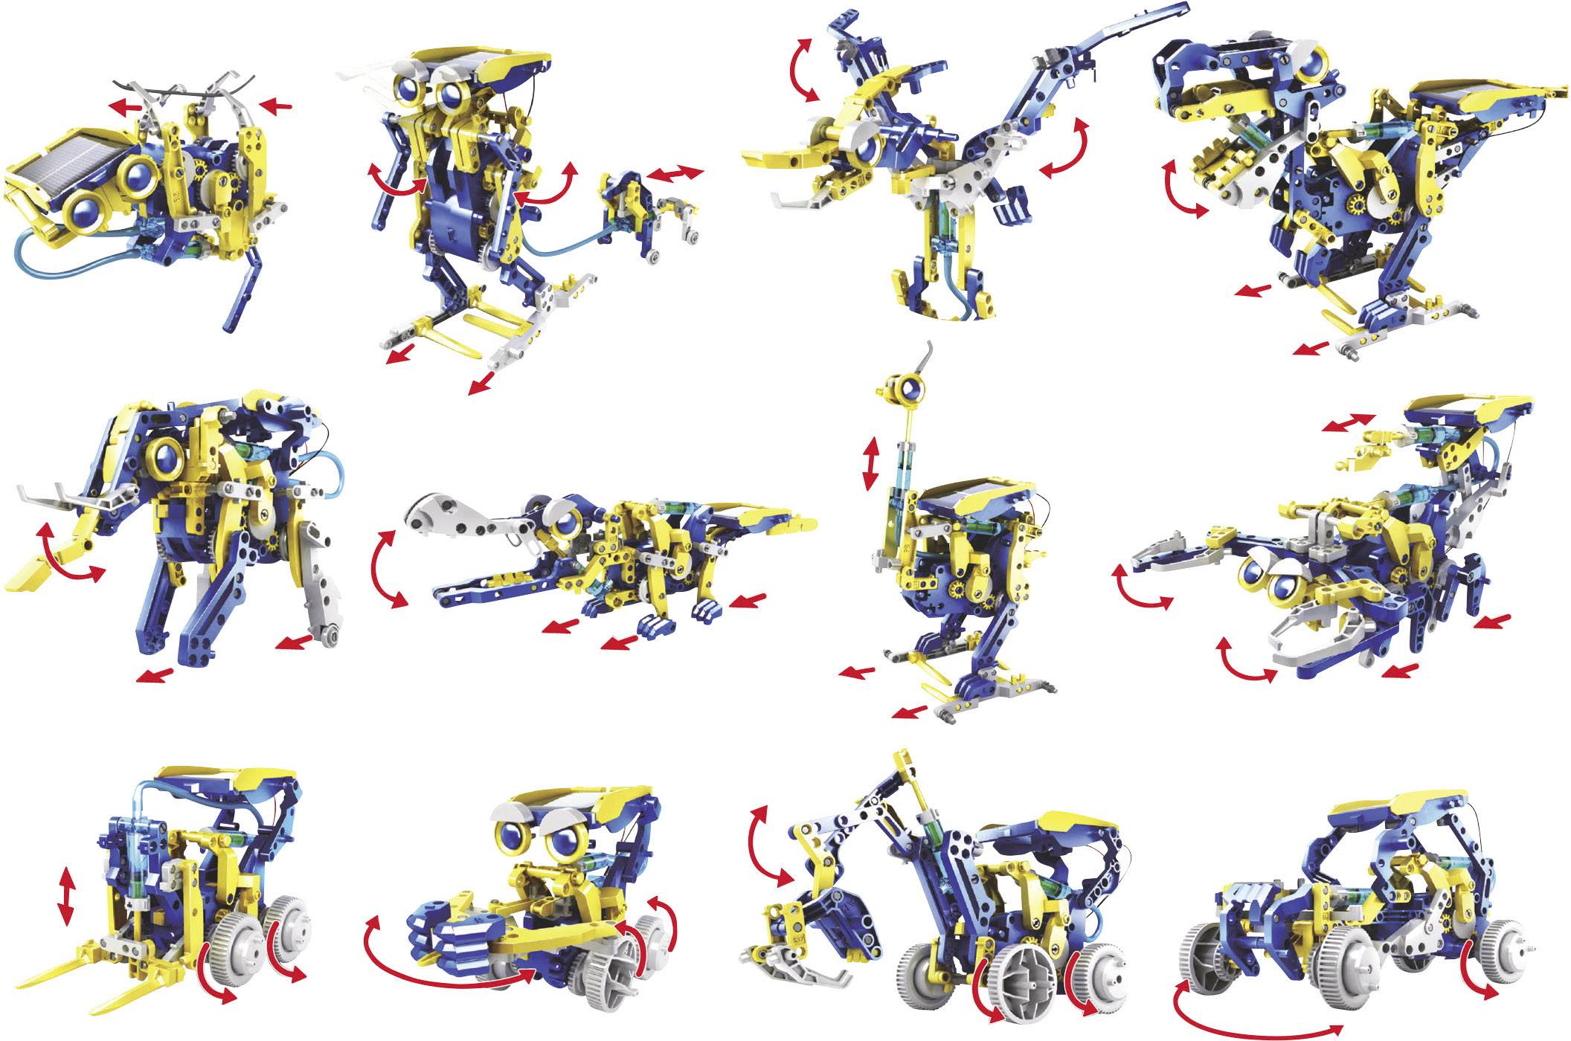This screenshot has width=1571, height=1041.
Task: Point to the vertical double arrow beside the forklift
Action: point(66,900)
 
